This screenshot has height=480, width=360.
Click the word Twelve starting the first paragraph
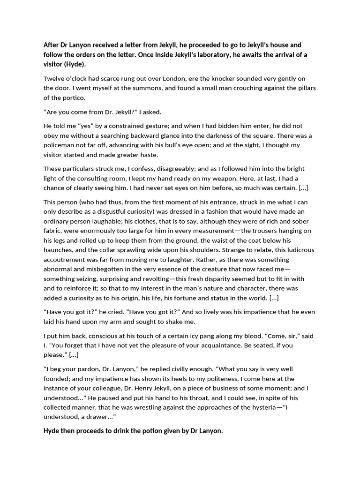point(54,78)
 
